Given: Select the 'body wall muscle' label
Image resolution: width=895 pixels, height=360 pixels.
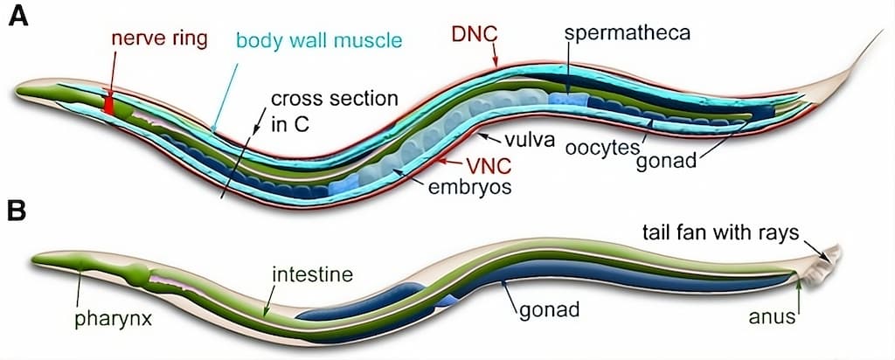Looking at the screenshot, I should [319, 40].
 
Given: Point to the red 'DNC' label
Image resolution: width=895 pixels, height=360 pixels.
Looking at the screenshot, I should [475, 35].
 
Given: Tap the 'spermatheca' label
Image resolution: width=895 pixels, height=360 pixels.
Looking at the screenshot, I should [628, 33].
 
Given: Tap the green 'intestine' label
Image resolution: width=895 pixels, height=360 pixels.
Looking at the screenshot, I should [311, 275].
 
